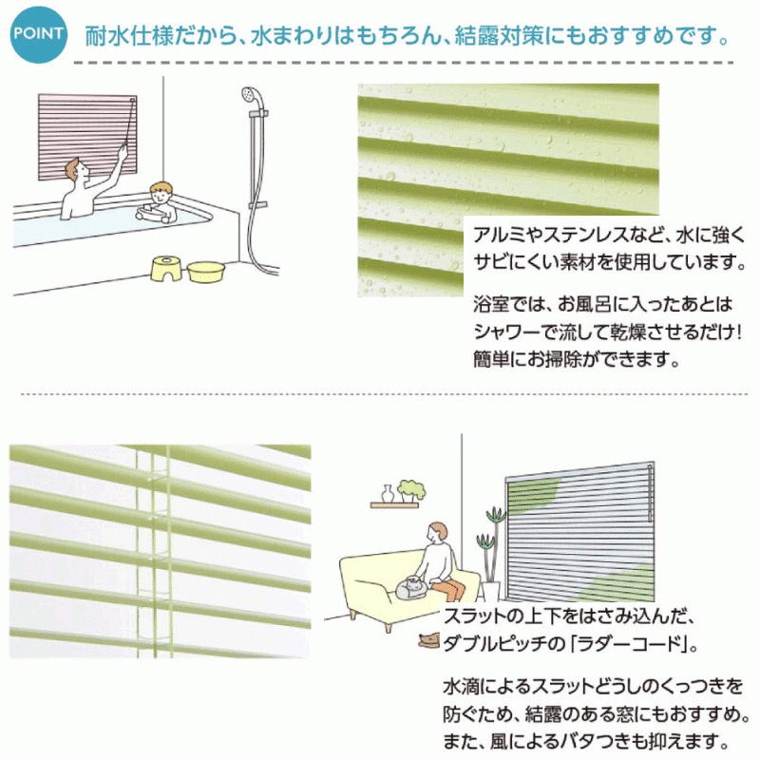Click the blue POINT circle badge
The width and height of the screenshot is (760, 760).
(38, 34)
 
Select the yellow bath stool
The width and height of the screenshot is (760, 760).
(167, 268)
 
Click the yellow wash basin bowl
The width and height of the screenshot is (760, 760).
(206, 272)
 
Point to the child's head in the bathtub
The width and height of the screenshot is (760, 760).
(161, 194)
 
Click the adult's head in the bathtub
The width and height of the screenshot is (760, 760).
(78, 170)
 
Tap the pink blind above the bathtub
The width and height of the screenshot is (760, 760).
(87, 136)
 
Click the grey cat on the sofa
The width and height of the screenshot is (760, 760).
(412, 587)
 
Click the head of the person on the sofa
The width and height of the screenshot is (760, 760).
(438, 533)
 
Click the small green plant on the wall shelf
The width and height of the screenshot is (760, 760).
(411, 490)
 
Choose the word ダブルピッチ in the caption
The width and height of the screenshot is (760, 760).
(497, 645)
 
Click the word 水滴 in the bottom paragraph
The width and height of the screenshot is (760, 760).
(460, 687)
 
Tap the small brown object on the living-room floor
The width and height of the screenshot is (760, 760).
(429, 641)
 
